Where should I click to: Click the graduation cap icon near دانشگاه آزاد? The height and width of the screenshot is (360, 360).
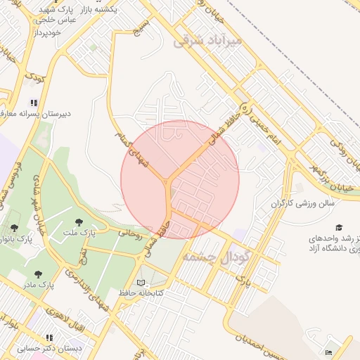click(340, 228)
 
